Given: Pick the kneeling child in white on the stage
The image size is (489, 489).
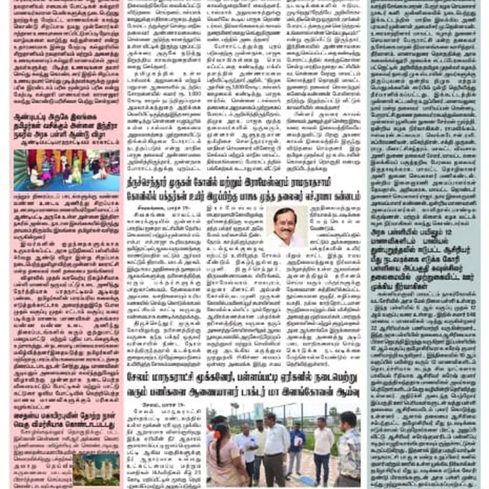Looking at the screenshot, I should tap(36, 178).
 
